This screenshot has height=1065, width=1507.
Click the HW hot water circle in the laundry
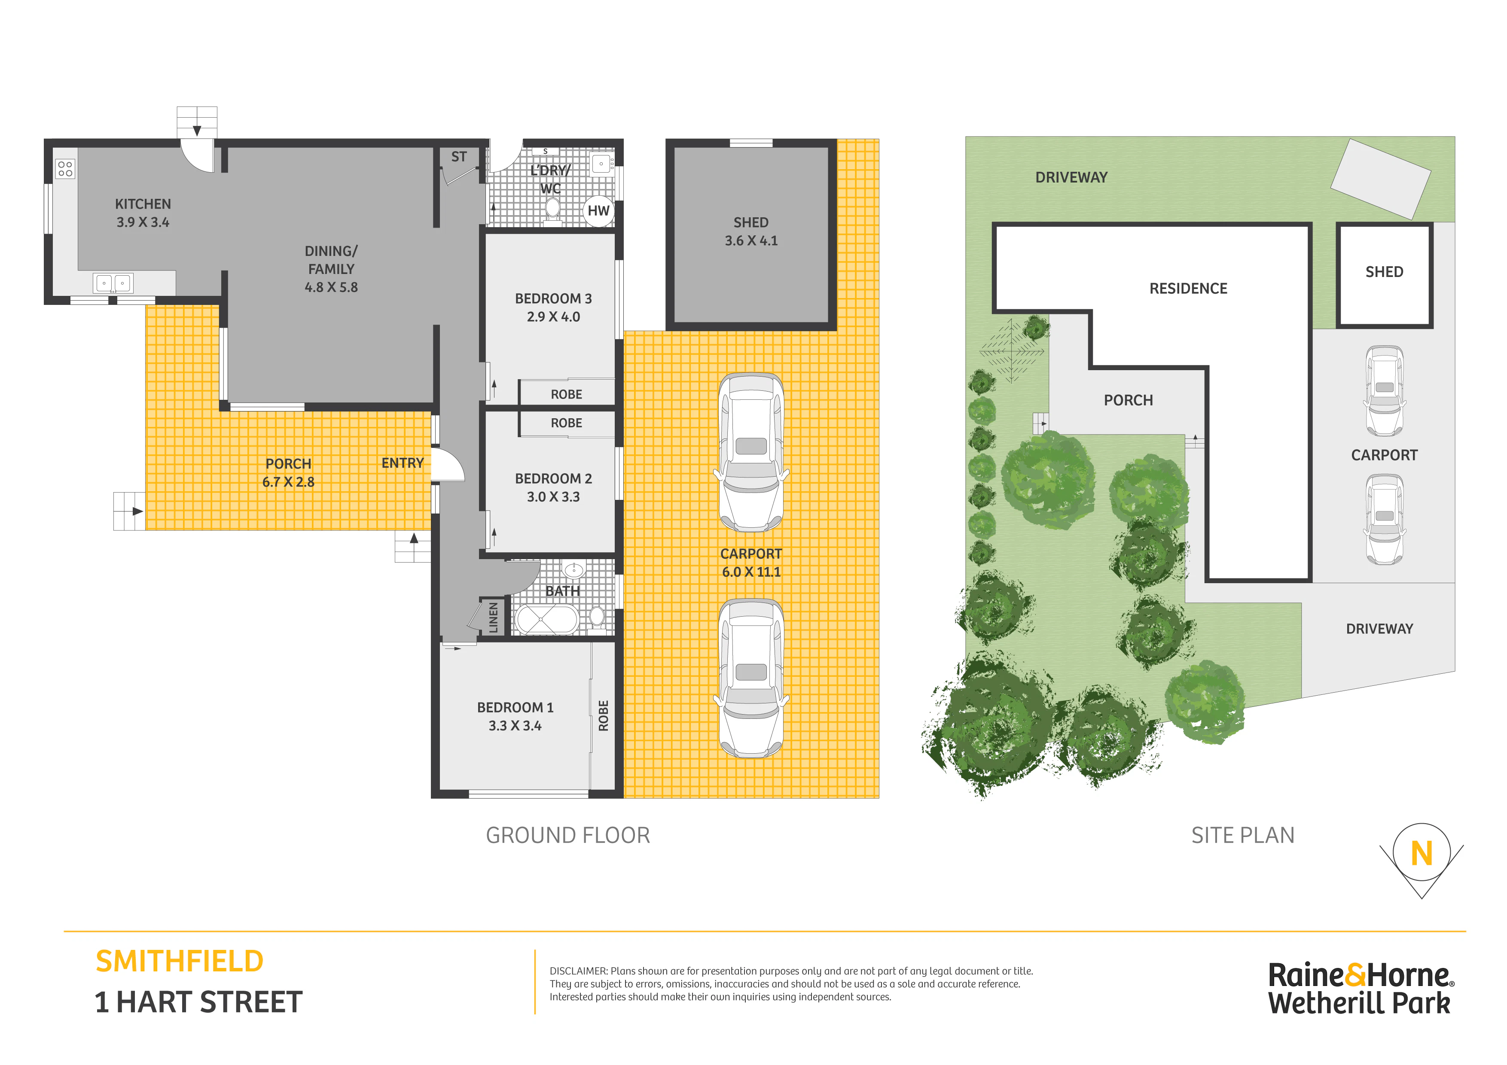(598, 210)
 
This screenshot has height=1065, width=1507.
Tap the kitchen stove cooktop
(65, 169)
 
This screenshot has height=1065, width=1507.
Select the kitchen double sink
(113, 283)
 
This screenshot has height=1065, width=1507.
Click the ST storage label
(459, 157)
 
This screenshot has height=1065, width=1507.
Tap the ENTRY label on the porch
(403, 463)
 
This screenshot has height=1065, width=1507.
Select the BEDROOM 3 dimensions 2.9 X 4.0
(553, 317)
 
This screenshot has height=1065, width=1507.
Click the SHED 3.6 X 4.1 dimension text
(751, 241)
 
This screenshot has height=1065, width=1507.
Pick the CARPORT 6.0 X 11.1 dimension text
(751, 572)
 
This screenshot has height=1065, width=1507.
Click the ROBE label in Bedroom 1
(603, 715)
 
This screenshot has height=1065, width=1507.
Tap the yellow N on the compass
(1422, 854)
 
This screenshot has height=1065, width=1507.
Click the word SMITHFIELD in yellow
(179, 962)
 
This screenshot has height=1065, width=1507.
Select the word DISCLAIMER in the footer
(578, 971)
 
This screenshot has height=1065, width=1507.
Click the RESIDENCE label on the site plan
(1188, 289)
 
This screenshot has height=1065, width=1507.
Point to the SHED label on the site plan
(1384, 272)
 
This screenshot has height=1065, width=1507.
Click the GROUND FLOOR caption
(568, 835)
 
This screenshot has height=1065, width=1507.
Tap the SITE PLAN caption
(1242, 835)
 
